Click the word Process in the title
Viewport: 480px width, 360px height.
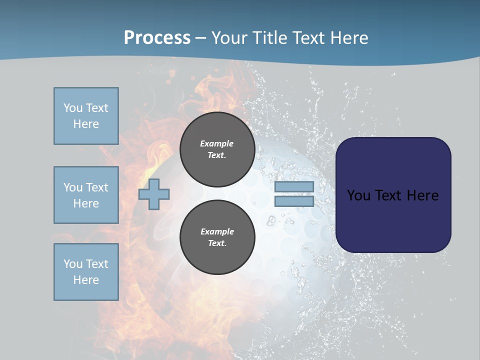157,38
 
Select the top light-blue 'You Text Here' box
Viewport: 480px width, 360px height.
86,116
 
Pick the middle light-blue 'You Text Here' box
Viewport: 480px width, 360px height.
86,195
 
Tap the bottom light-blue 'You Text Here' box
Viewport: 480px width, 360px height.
86,272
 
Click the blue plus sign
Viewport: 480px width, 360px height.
154,194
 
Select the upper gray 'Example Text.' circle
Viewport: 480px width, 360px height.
217,149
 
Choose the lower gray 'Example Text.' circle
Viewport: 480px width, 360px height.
217,237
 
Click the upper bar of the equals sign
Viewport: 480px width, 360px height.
294,187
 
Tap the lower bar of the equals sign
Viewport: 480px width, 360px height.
294,201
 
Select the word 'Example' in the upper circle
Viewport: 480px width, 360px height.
217,143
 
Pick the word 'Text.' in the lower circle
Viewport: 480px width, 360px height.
217,243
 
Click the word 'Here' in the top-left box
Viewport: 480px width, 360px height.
86,124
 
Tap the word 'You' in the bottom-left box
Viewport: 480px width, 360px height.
72,264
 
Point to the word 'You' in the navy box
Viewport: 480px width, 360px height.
358,195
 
